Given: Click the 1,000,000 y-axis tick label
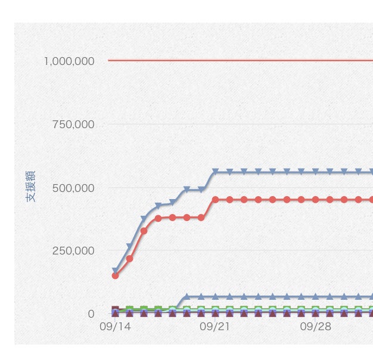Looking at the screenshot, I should point(69,61).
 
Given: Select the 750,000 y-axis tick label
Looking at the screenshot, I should point(73,125).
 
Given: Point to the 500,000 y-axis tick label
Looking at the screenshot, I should point(73,188).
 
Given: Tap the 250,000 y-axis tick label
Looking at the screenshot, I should point(73,251).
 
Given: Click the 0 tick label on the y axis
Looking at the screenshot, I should point(91,314).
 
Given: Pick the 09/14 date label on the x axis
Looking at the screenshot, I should point(115,327).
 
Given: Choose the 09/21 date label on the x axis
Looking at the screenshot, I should point(215,327).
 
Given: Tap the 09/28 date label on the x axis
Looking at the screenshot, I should point(315,327).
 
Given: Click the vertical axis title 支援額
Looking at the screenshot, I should point(31,186).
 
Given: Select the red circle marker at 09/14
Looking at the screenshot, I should point(115,275).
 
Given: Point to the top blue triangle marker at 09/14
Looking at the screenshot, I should point(115,271).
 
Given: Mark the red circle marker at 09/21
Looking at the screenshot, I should point(215,200).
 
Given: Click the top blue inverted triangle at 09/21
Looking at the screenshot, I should point(215,172).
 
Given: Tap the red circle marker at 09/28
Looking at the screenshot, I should point(315,200).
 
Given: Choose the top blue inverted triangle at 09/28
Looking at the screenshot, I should point(315,172).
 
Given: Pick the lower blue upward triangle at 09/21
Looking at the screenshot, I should point(215,296).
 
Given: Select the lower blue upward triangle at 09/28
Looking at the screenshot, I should point(315,296).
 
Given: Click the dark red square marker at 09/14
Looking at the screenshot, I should point(115,310).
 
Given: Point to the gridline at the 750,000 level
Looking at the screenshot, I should point(238,124).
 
